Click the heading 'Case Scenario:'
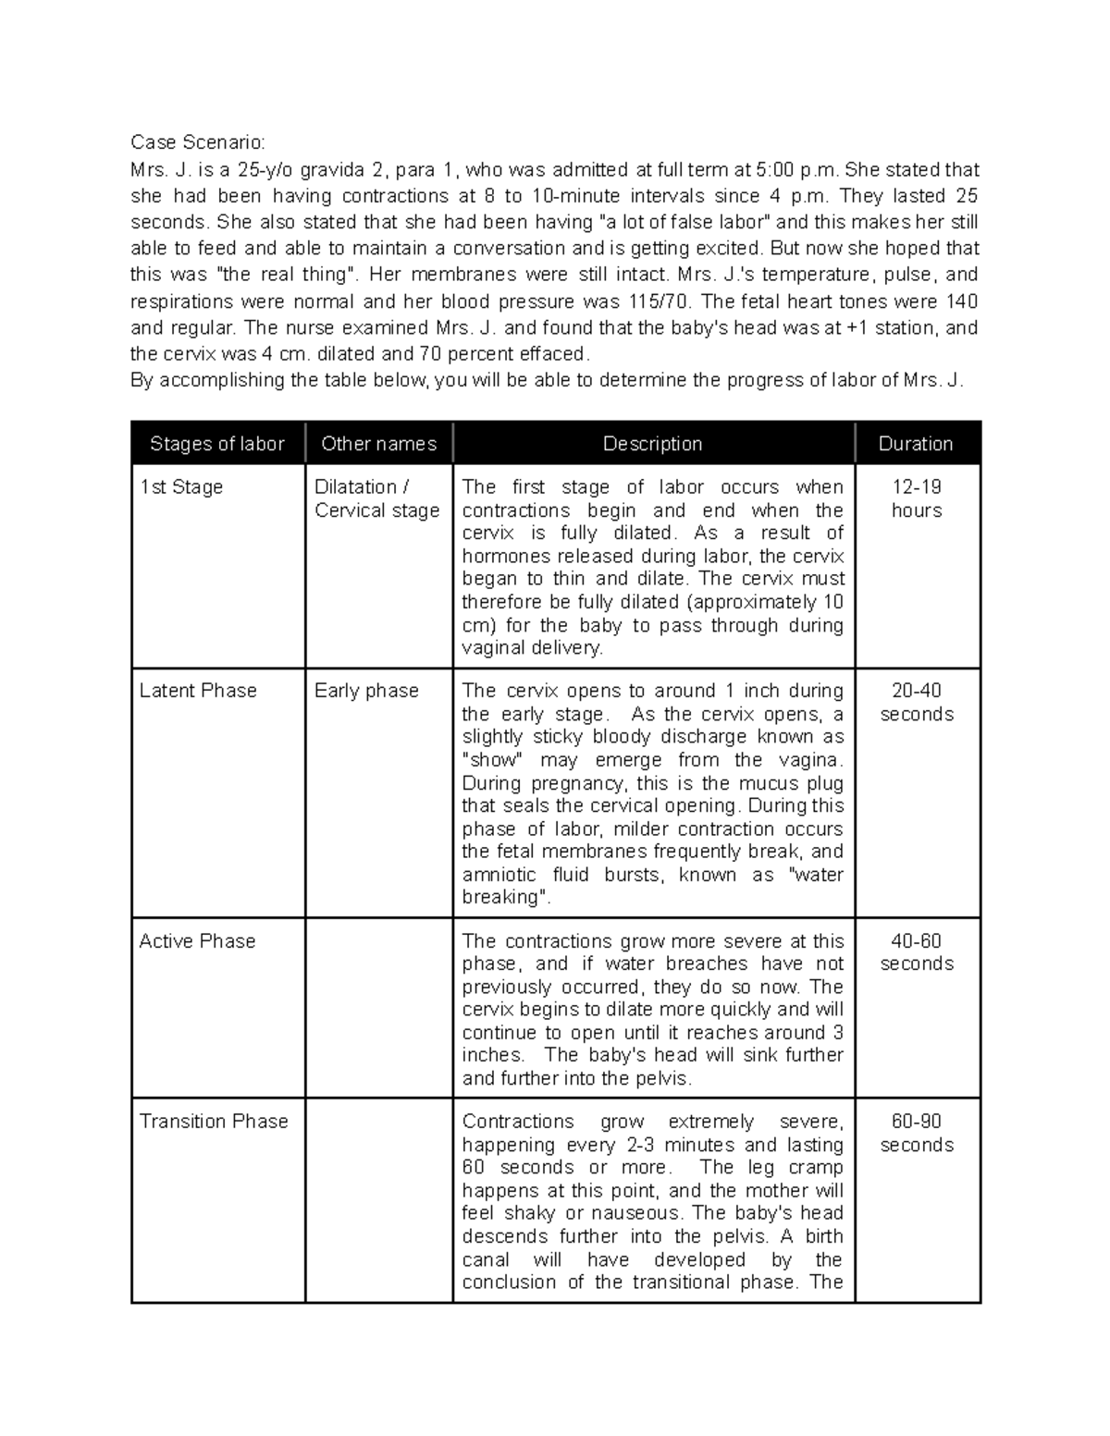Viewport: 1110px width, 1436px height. coord(197,142)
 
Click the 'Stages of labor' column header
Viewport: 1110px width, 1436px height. coord(216,444)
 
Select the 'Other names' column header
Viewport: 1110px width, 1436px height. coord(378,444)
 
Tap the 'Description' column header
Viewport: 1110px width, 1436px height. coord(652,444)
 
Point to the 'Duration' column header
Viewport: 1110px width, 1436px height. coord(916,444)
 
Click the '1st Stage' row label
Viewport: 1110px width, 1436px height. coord(181,487)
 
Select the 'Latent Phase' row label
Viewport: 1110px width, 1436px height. coord(198,691)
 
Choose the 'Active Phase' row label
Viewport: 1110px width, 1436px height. coord(197,941)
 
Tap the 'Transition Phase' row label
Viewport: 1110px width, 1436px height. coord(214,1122)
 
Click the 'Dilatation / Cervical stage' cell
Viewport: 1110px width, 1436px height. coord(376,499)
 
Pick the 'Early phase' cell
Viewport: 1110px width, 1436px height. coord(366,691)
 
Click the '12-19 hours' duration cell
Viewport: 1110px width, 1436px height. coord(917,499)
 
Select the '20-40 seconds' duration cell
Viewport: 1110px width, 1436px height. coord(917,703)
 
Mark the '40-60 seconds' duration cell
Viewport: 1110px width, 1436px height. coord(917,952)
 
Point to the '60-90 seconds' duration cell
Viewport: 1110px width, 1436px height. coord(917,1133)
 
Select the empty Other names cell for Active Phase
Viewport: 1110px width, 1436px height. coord(378,1008)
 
